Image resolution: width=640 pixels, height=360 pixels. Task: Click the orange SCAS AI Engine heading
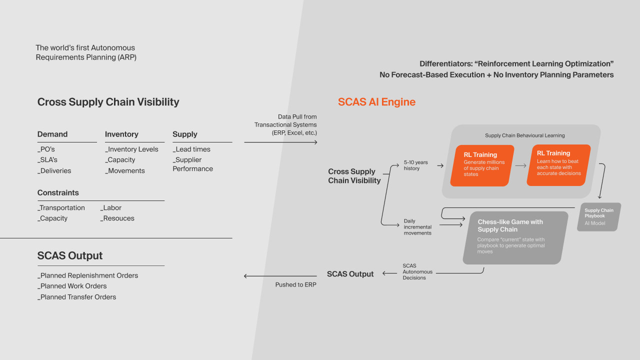(x=376, y=102)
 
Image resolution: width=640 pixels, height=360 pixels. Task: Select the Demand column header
(x=52, y=134)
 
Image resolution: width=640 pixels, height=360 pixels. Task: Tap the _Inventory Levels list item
(x=131, y=149)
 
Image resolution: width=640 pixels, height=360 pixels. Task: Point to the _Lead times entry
(x=191, y=149)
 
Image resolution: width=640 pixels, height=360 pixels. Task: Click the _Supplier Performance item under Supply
(x=193, y=164)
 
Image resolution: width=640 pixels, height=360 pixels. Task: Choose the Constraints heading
(x=58, y=192)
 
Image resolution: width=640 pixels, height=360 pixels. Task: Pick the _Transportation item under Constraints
(x=61, y=207)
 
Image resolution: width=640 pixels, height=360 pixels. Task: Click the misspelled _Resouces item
(x=117, y=218)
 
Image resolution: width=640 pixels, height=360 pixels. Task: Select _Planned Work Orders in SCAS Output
(x=72, y=286)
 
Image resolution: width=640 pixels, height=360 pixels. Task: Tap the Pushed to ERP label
(x=295, y=284)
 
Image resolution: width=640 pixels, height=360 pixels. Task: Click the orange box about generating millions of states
(x=482, y=165)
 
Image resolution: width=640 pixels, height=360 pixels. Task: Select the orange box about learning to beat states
(x=558, y=165)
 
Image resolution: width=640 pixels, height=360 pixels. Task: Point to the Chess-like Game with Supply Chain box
(x=515, y=237)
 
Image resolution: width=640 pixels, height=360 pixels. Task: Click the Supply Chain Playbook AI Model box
(x=599, y=217)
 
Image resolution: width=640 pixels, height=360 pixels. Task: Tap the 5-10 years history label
(x=415, y=165)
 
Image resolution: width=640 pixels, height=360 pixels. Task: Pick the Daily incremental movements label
(x=417, y=227)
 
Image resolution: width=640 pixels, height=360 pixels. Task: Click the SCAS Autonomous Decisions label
(x=417, y=271)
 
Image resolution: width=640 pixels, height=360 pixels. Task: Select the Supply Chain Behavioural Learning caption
(x=525, y=135)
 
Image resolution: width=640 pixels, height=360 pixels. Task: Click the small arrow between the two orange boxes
(x=521, y=165)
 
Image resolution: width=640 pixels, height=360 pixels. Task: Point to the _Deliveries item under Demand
(x=54, y=170)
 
